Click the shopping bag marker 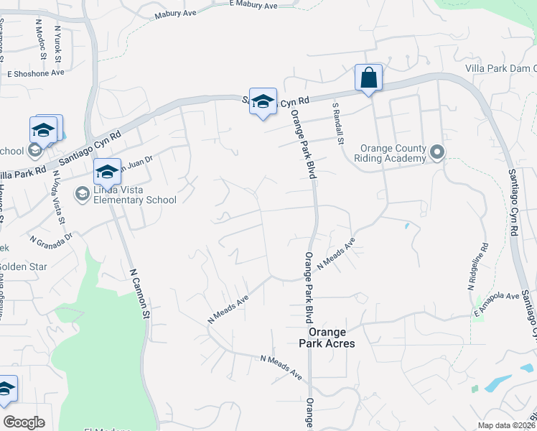pyautogui.click(x=368, y=78)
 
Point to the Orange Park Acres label pyautogui.click(x=332, y=338)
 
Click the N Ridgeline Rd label pyautogui.click(x=478, y=267)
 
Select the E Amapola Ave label pyautogui.click(x=496, y=305)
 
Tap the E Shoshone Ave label pyautogui.click(x=36, y=73)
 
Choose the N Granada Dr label pyautogui.click(x=51, y=236)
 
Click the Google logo pyautogui.click(x=24, y=422)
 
